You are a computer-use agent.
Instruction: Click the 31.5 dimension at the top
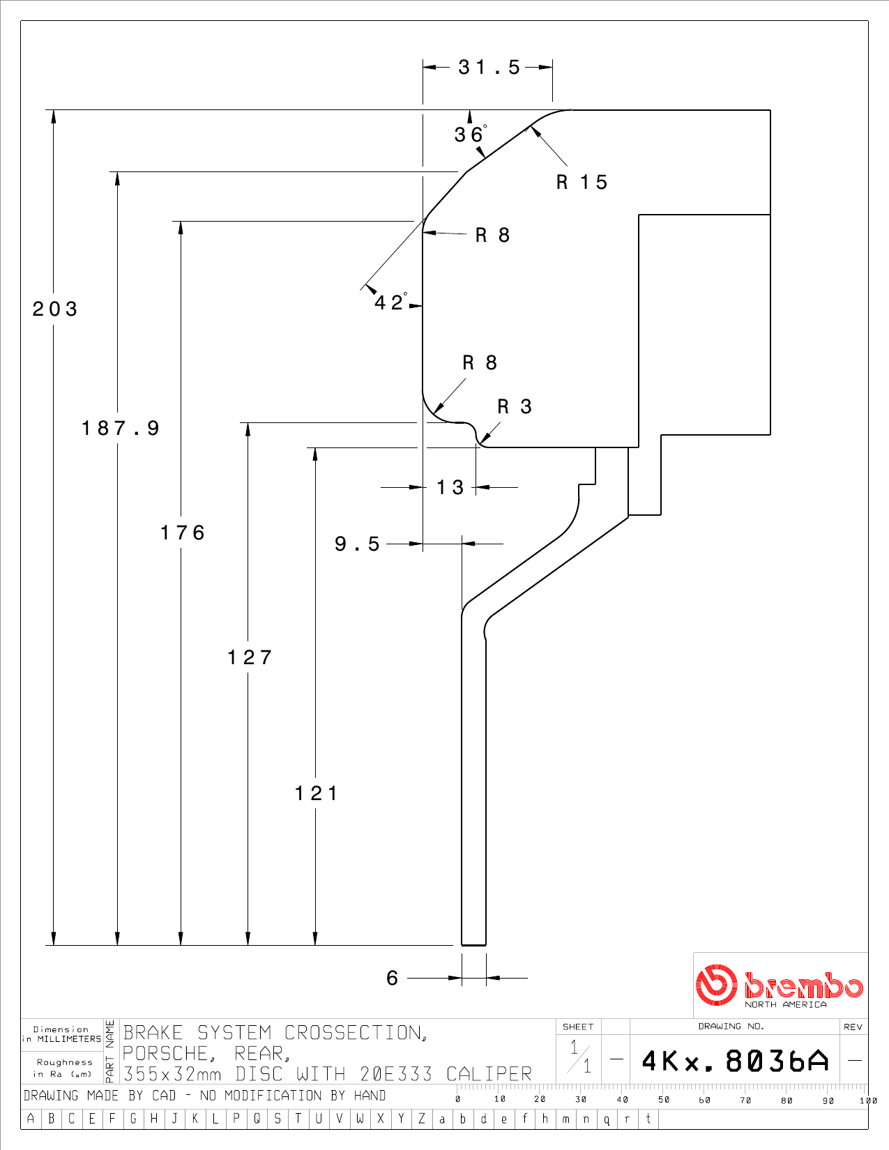click(x=489, y=67)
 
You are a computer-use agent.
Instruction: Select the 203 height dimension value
click(x=55, y=309)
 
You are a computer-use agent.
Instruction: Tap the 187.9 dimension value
click(x=120, y=428)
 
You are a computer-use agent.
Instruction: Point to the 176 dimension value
click(x=183, y=532)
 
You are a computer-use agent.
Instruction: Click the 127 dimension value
click(x=250, y=657)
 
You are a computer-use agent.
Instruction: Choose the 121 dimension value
click(x=316, y=793)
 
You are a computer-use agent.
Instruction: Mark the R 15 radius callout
click(x=582, y=183)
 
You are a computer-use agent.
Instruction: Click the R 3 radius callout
click(x=514, y=406)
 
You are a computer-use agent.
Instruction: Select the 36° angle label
click(x=471, y=134)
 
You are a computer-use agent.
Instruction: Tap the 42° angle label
click(x=390, y=302)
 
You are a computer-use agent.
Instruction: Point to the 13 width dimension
click(x=450, y=487)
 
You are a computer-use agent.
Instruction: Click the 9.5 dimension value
click(x=358, y=544)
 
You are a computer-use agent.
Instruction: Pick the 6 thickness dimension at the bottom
click(x=392, y=978)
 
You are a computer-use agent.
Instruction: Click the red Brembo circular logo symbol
click(x=716, y=985)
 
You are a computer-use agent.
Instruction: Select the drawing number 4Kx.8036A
click(x=735, y=1061)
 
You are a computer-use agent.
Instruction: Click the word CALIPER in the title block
click(x=489, y=1074)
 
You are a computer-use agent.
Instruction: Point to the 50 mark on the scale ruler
click(x=664, y=1099)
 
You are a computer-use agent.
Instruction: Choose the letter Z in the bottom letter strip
click(x=422, y=1119)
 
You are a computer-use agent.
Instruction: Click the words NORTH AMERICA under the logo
click(x=785, y=1004)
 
